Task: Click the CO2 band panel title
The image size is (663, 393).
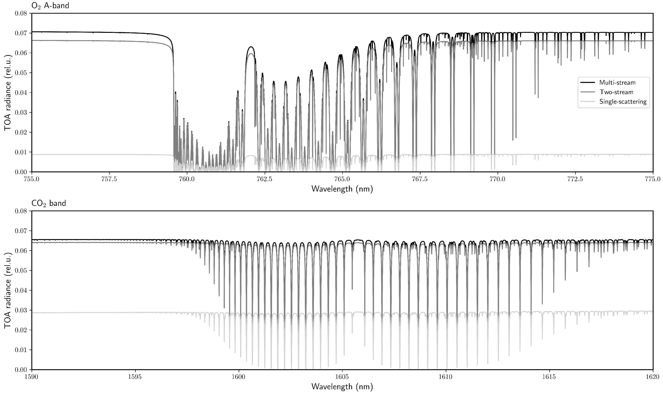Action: pos(49,203)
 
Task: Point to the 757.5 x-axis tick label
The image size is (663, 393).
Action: pos(109,179)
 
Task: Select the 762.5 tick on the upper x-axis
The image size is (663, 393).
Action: pos(265,179)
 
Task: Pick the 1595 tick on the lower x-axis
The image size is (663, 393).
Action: pos(135,377)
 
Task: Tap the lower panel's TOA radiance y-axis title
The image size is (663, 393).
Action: pos(8,290)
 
